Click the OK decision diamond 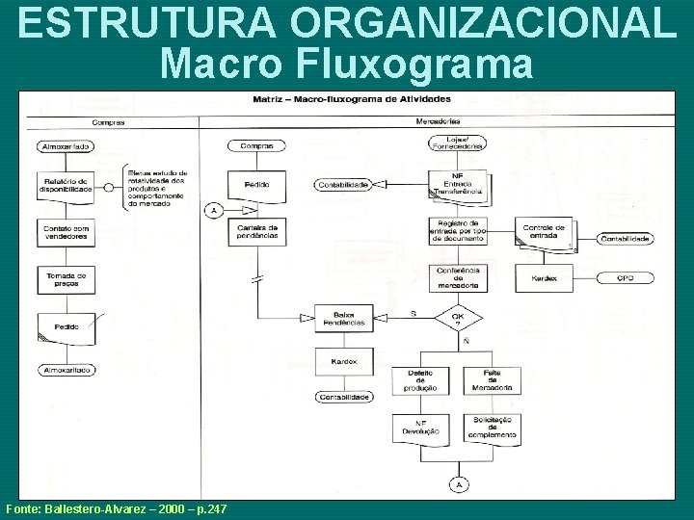(459, 317)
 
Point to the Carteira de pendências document (257, 231)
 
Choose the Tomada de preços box (67, 278)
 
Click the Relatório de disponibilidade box (67, 185)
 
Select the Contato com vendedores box (67, 231)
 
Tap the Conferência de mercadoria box (459, 277)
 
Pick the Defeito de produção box (420, 380)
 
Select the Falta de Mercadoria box (492, 380)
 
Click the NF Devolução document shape (420, 429)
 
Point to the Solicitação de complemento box (492, 428)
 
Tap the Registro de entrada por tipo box (459, 231)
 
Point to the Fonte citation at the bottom (116, 507)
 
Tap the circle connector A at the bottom (459, 484)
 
